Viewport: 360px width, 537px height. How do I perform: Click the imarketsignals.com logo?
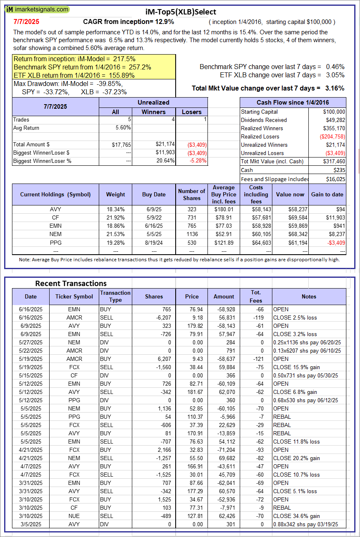coord(38,9)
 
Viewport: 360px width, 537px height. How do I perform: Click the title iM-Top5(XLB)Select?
coord(180,12)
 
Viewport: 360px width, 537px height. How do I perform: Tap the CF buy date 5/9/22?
coord(154,217)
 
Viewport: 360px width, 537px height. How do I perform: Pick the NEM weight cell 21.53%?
coord(115,234)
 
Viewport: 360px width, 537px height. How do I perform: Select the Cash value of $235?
coord(339,170)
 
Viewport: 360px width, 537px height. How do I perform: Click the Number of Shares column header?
coord(191,194)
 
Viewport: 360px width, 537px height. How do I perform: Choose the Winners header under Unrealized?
coord(153,112)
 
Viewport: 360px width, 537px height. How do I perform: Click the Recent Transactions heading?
coord(71,283)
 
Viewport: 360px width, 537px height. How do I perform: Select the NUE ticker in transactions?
coord(74,516)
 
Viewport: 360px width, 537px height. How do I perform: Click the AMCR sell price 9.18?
coord(192,317)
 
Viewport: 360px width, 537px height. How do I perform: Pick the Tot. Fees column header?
coord(256,296)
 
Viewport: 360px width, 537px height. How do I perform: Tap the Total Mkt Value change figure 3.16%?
coord(335,88)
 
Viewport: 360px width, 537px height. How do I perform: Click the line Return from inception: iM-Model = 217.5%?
coord(75,59)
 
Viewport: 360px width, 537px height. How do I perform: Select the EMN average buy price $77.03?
coord(224,226)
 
